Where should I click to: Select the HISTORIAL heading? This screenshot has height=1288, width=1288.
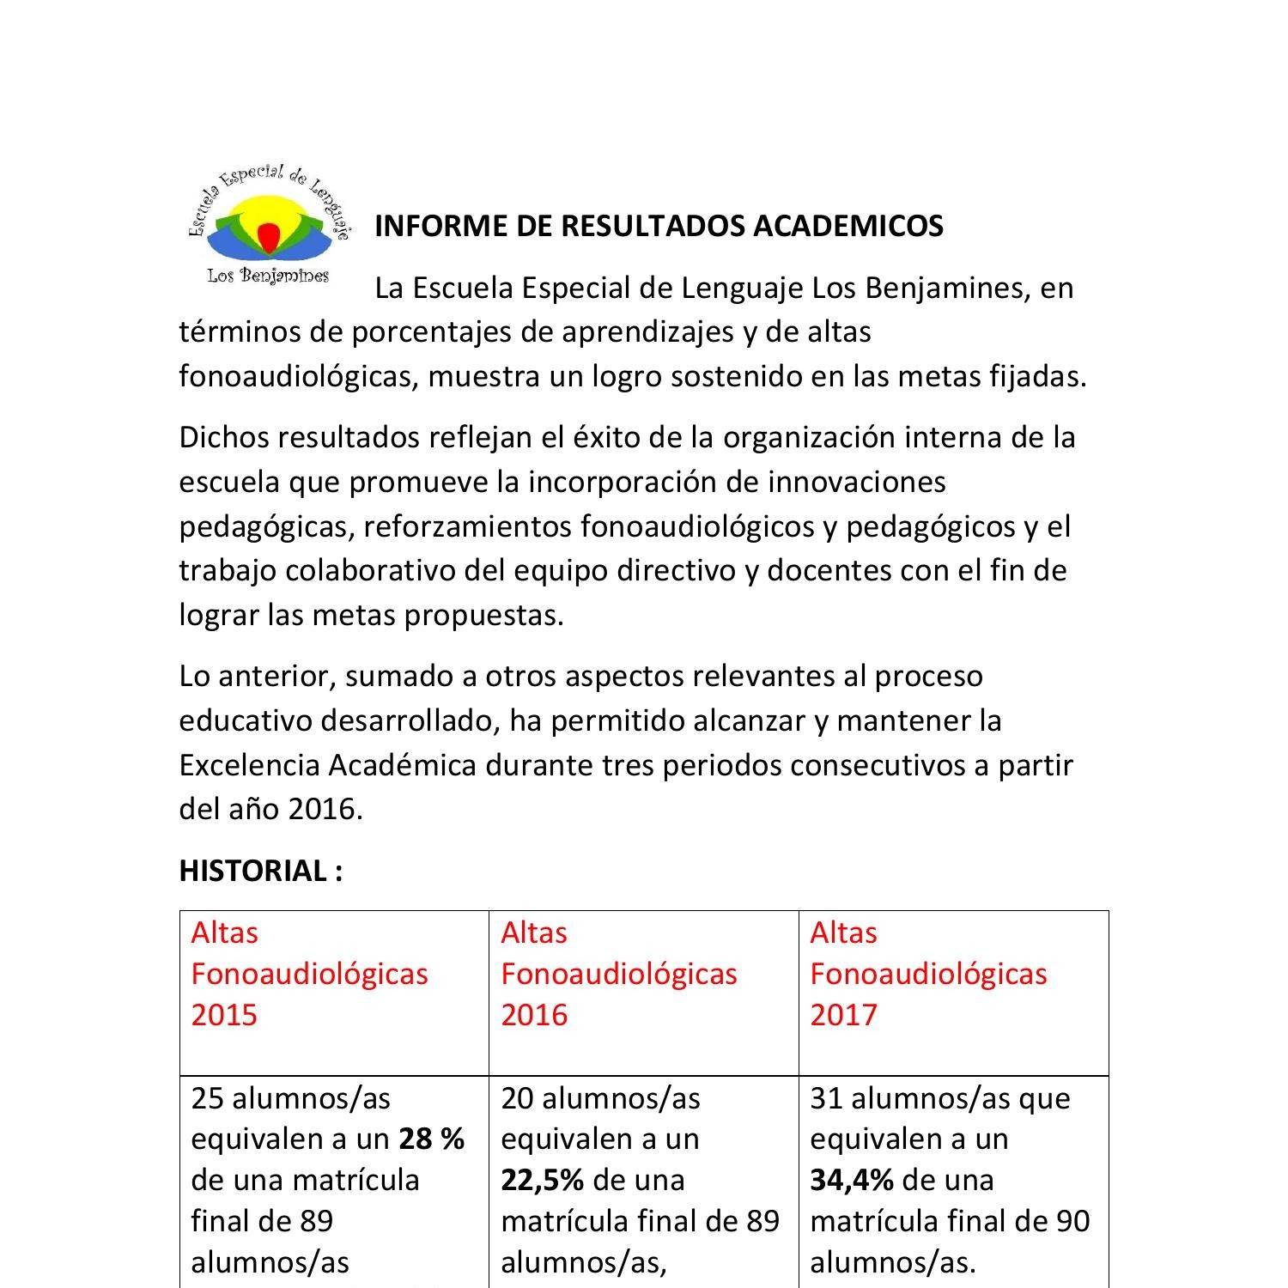point(260,871)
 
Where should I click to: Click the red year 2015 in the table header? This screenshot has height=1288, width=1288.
point(224,1015)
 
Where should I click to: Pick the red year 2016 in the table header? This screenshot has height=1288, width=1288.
point(534,1015)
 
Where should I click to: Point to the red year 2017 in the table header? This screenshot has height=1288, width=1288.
point(843,1015)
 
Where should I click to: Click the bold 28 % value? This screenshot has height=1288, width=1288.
point(432,1139)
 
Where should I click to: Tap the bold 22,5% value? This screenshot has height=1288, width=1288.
point(543,1180)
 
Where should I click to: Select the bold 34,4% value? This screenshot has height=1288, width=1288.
point(852,1180)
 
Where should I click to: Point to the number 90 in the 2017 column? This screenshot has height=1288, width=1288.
point(1072,1221)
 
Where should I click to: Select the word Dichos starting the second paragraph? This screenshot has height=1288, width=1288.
point(223,437)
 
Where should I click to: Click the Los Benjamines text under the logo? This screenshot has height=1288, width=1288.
point(268,276)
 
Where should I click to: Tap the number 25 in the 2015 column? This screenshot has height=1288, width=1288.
point(207,1098)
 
